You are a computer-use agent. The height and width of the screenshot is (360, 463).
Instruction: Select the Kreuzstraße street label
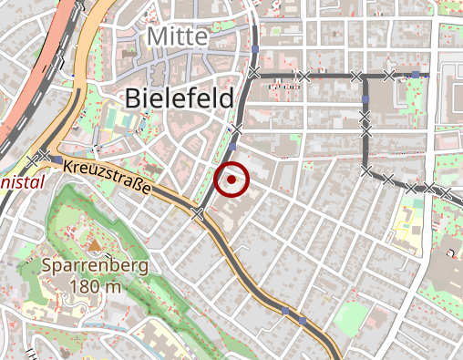click(x=107, y=180)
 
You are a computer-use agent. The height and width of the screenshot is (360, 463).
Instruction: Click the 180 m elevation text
click(x=95, y=287)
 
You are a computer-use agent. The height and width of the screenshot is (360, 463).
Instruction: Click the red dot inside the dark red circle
click(x=232, y=180)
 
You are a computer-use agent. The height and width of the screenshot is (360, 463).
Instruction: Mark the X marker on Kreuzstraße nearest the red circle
click(x=198, y=212)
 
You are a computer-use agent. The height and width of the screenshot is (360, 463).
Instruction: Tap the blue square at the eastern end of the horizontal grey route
click(x=416, y=74)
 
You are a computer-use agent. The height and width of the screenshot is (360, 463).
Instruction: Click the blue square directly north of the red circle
click(x=232, y=146)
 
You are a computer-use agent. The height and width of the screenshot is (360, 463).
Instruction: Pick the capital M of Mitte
click(x=155, y=37)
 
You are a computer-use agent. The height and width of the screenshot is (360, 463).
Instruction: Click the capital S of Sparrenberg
click(x=47, y=266)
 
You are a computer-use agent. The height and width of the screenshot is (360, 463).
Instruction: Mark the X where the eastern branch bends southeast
click(x=365, y=170)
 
